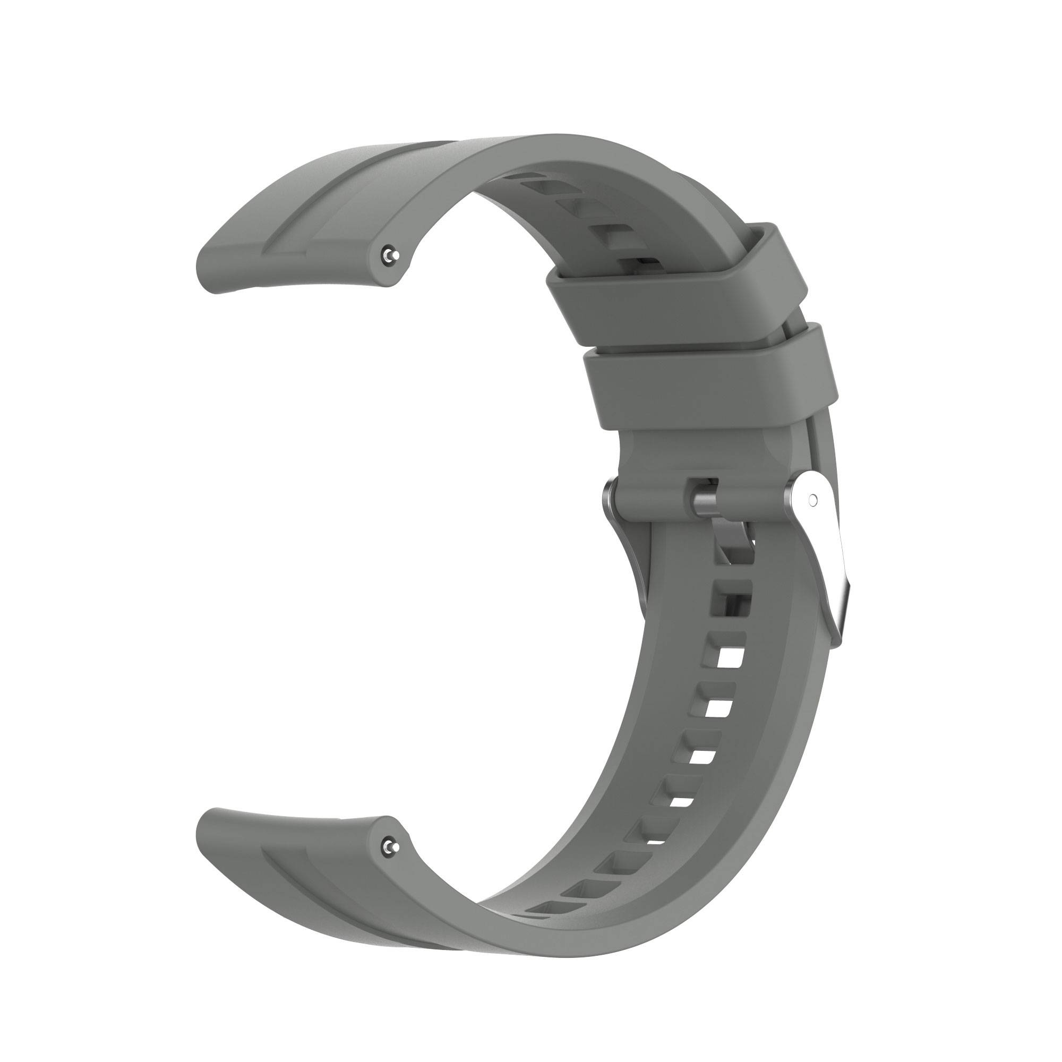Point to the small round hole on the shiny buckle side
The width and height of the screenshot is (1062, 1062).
pyautogui.click(x=813, y=500)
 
